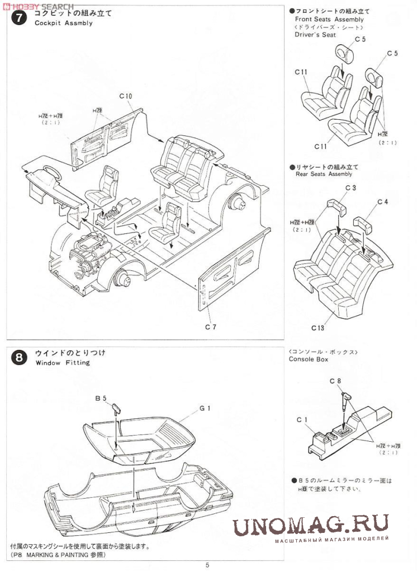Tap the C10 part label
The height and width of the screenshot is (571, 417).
coord(126,96)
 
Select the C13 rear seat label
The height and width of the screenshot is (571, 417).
coord(318,327)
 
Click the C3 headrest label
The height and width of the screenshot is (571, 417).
coord(350,189)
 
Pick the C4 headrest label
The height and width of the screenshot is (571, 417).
coord(383,202)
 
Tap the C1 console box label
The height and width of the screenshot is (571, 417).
coord(302,419)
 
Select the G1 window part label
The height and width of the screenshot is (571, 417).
coord(205,408)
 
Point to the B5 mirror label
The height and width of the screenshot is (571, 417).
coord(101,398)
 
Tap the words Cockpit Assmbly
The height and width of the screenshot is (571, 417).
coord(64,24)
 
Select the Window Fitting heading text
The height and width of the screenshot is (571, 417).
coord(62,363)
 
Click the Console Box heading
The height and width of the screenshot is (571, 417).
coord(309,359)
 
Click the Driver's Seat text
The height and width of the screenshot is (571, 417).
coord(315,35)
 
